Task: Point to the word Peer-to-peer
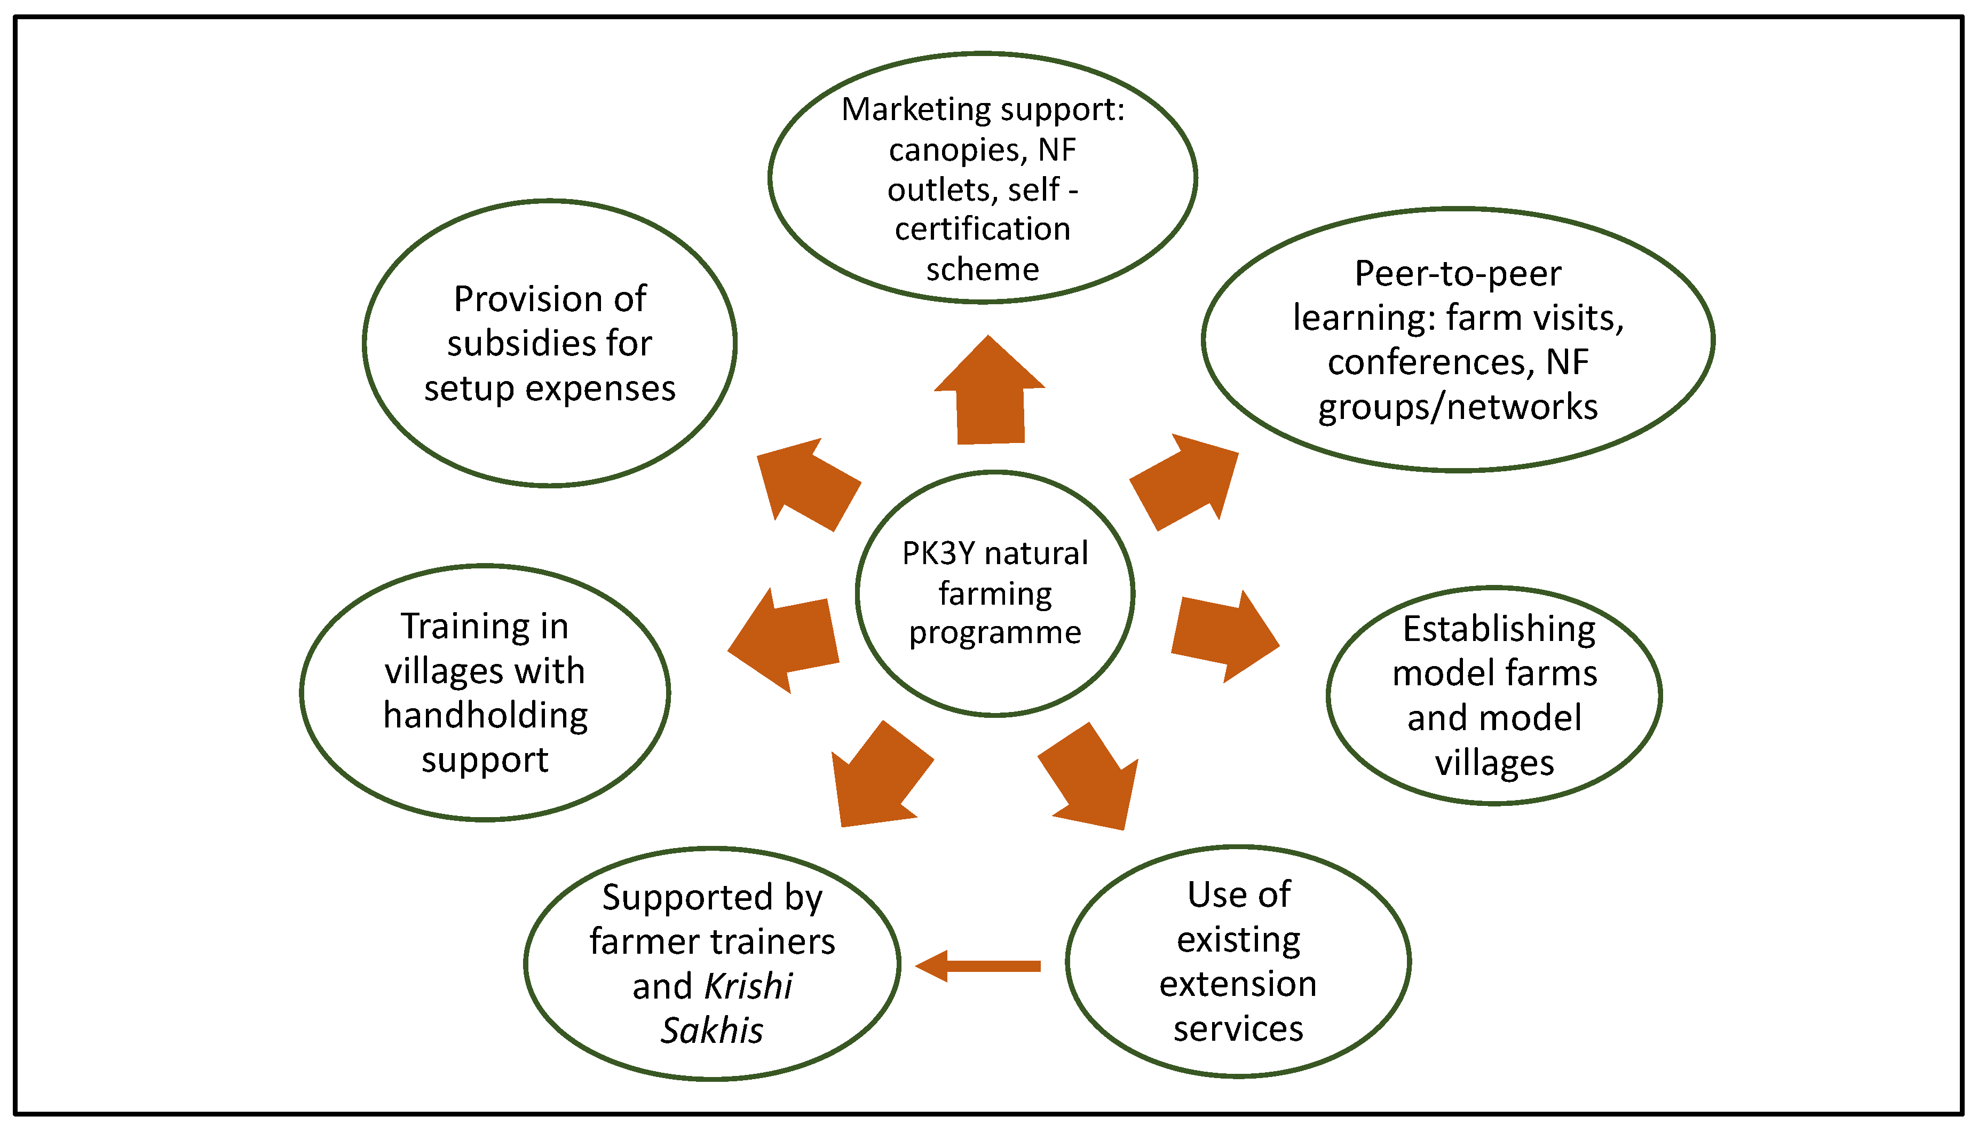(x=1457, y=274)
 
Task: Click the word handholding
(x=485, y=715)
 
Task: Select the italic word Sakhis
(x=711, y=1031)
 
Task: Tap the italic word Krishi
(x=749, y=987)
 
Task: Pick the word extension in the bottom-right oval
(x=1238, y=984)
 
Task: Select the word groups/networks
(x=1457, y=407)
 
